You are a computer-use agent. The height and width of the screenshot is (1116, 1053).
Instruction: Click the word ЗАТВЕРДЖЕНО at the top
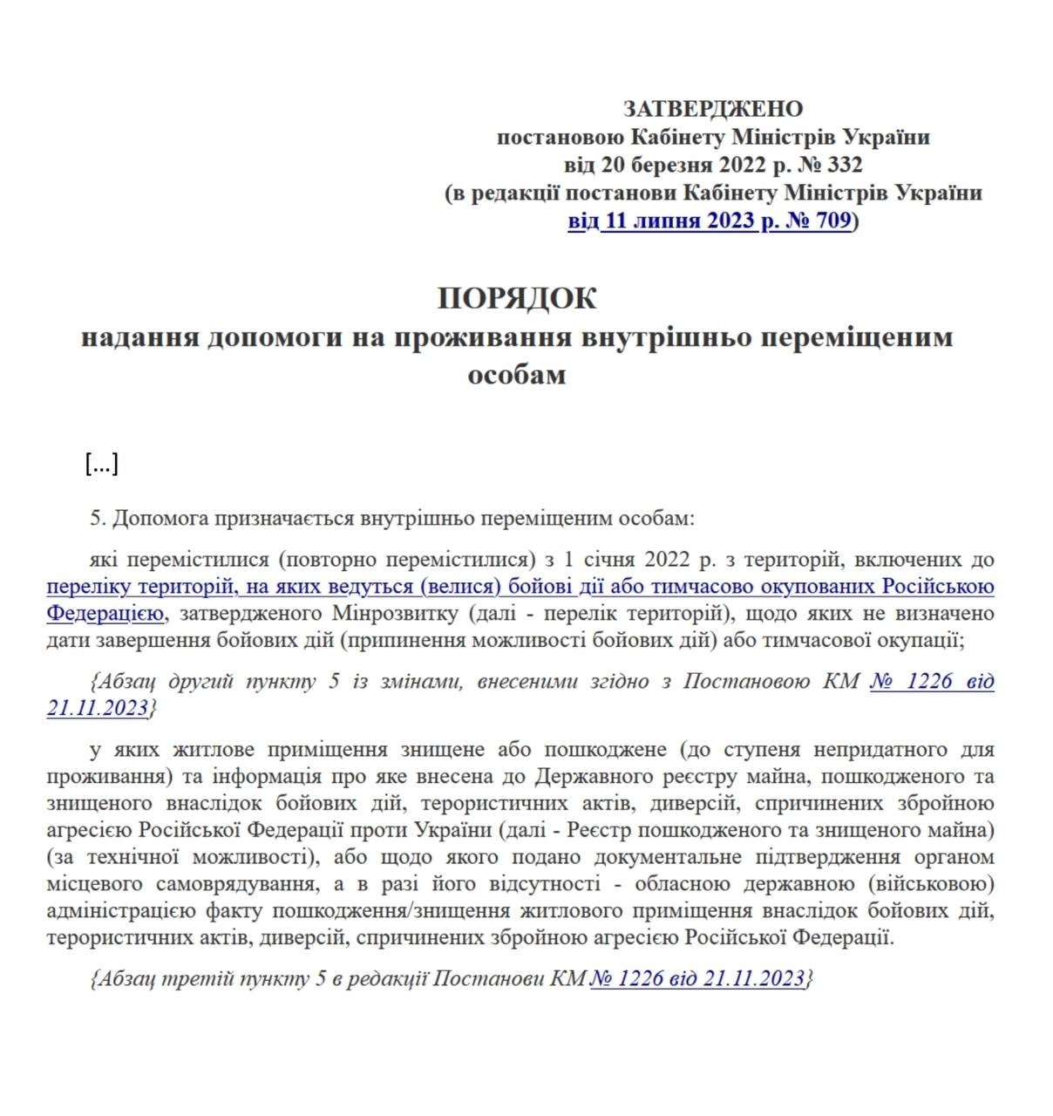pos(712,109)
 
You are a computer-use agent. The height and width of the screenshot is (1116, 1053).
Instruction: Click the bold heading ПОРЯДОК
pos(517,298)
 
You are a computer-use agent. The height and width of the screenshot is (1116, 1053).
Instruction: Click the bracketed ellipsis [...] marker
pos(102,464)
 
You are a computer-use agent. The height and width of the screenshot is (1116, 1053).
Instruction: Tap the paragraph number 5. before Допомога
pos(98,519)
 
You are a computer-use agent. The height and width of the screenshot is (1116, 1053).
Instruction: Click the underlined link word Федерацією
pos(105,614)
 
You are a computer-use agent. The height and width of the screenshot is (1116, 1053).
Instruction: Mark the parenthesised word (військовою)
pos(931,884)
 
